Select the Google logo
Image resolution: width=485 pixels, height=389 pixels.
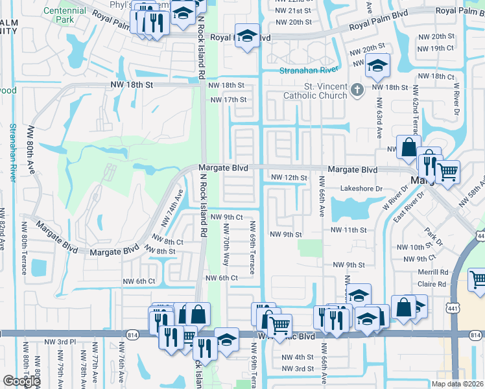point(21,381)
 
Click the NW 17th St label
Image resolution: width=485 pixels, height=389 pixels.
point(229,99)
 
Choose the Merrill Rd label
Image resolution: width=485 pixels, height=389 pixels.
point(432,273)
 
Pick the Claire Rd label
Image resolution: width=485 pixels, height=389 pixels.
point(432,283)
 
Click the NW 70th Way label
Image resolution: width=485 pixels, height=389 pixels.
point(226,244)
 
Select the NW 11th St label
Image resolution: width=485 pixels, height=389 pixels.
point(349,230)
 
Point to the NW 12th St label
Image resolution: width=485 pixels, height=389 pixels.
point(288,177)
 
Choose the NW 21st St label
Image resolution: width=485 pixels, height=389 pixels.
point(294,11)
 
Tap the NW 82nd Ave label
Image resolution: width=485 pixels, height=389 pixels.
point(3,228)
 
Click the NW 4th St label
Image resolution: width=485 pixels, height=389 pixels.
point(298,357)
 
